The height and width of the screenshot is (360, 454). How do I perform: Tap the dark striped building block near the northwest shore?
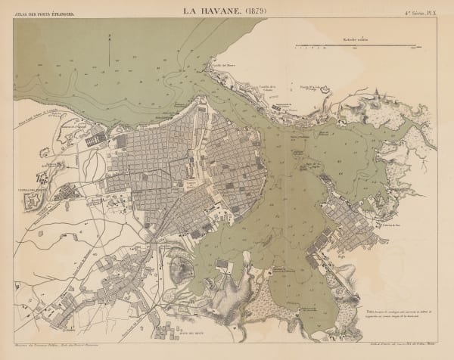click(95, 138)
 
